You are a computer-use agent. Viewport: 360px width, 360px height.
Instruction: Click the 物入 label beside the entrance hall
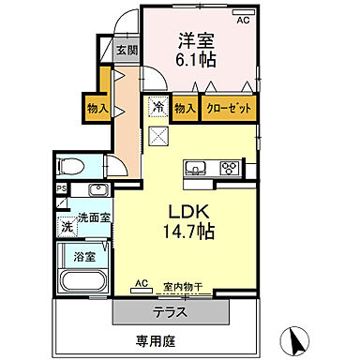tap(97, 108)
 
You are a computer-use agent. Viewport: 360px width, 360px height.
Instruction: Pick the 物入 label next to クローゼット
tap(186, 109)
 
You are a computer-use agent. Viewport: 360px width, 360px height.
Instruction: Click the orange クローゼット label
tap(228, 109)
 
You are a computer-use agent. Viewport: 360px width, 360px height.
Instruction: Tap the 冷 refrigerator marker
tap(157, 108)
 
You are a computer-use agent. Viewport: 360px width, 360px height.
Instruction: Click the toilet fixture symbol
tap(71, 167)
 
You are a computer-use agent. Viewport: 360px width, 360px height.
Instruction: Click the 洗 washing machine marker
tap(67, 226)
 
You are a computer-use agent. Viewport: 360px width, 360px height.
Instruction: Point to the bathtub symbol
tap(85, 281)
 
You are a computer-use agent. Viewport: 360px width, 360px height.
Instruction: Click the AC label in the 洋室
tap(243, 20)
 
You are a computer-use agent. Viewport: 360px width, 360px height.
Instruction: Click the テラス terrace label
tap(170, 308)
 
